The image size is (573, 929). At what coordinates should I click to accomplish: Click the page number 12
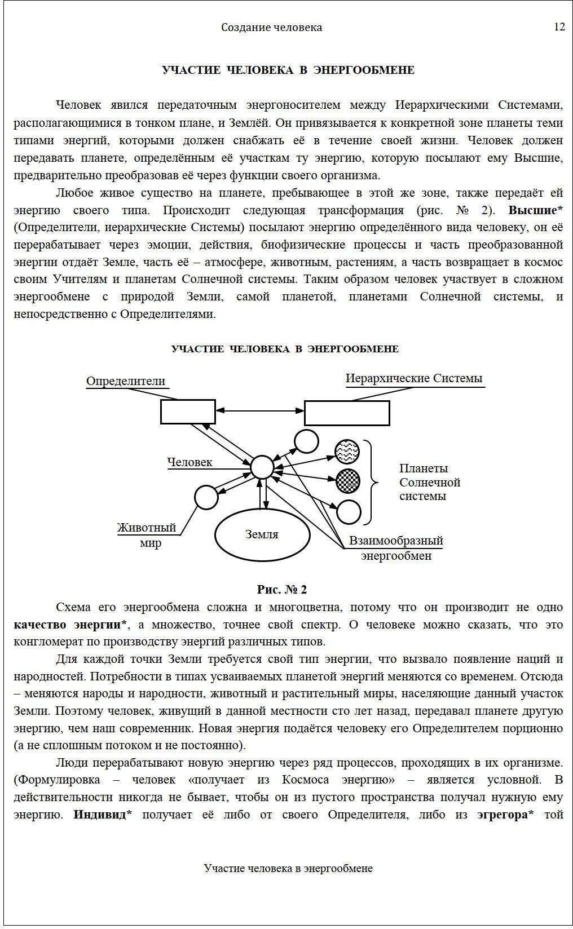point(559,27)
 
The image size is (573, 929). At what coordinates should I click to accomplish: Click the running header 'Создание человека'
point(271,28)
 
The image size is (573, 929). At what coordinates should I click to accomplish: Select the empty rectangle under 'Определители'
point(188,412)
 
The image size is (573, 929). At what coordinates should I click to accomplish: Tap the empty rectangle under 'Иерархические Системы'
point(347,413)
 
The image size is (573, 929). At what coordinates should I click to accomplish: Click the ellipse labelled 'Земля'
point(262,534)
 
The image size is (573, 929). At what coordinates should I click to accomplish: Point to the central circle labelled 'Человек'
point(262,467)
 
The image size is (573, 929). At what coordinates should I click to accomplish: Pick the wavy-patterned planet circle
point(347,450)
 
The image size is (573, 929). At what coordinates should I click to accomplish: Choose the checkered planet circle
point(347,480)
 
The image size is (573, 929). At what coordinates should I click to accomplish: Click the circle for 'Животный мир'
point(206,497)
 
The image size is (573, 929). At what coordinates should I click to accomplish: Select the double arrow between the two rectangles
point(260,412)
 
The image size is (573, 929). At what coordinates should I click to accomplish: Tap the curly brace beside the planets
point(373,482)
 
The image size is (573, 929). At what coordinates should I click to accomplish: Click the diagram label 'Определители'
point(126,381)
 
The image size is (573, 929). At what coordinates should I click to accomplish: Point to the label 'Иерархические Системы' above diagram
point(414,378)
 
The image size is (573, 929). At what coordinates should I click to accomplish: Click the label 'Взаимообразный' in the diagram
point(396,541)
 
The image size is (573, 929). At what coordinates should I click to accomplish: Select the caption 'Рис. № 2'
point(282,590)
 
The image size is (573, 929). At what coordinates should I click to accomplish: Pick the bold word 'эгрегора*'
point(505,815)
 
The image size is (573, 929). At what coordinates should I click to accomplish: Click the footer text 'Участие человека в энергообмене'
point(288,868)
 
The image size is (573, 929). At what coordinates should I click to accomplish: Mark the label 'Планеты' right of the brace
point(424,468)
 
